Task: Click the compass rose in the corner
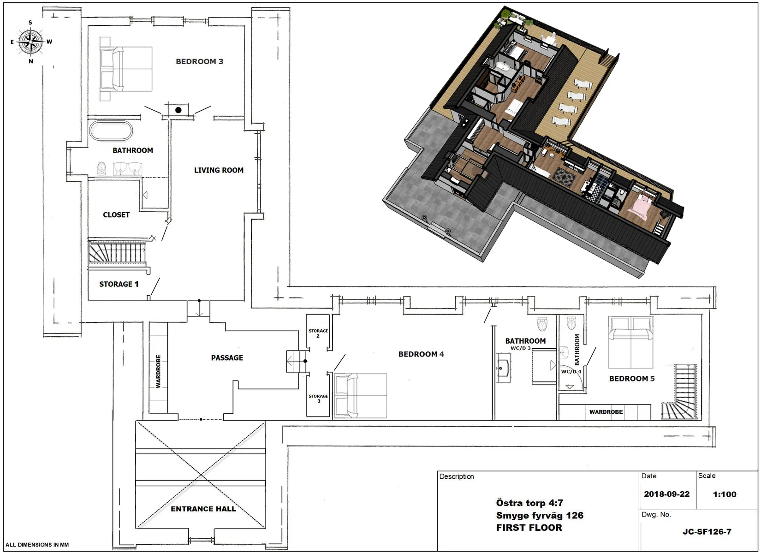click(x=31, y=42)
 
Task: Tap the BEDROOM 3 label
click(x=199, y=61)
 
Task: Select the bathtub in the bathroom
click(x=111, y=130)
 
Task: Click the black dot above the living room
click(x=178, y=110)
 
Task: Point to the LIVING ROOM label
click(x=219, y=170)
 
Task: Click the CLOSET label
click(x=116, y=214)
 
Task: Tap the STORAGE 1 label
click(x=119, y=284)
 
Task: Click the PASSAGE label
click(x=227, y=358)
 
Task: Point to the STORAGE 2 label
click(x=318, y=333)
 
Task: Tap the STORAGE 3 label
click(x=318, y=398)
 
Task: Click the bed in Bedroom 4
click(x=361, y=395)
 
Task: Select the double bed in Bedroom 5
click(x=630, y=342)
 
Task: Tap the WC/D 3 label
click(x=520, y=348)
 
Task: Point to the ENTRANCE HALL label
click(x=203, y=509)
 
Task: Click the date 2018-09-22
click(x=666, y=494)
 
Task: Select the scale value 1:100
click(x=724, y=494)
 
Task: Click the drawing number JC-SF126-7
click(x=707, y=532)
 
